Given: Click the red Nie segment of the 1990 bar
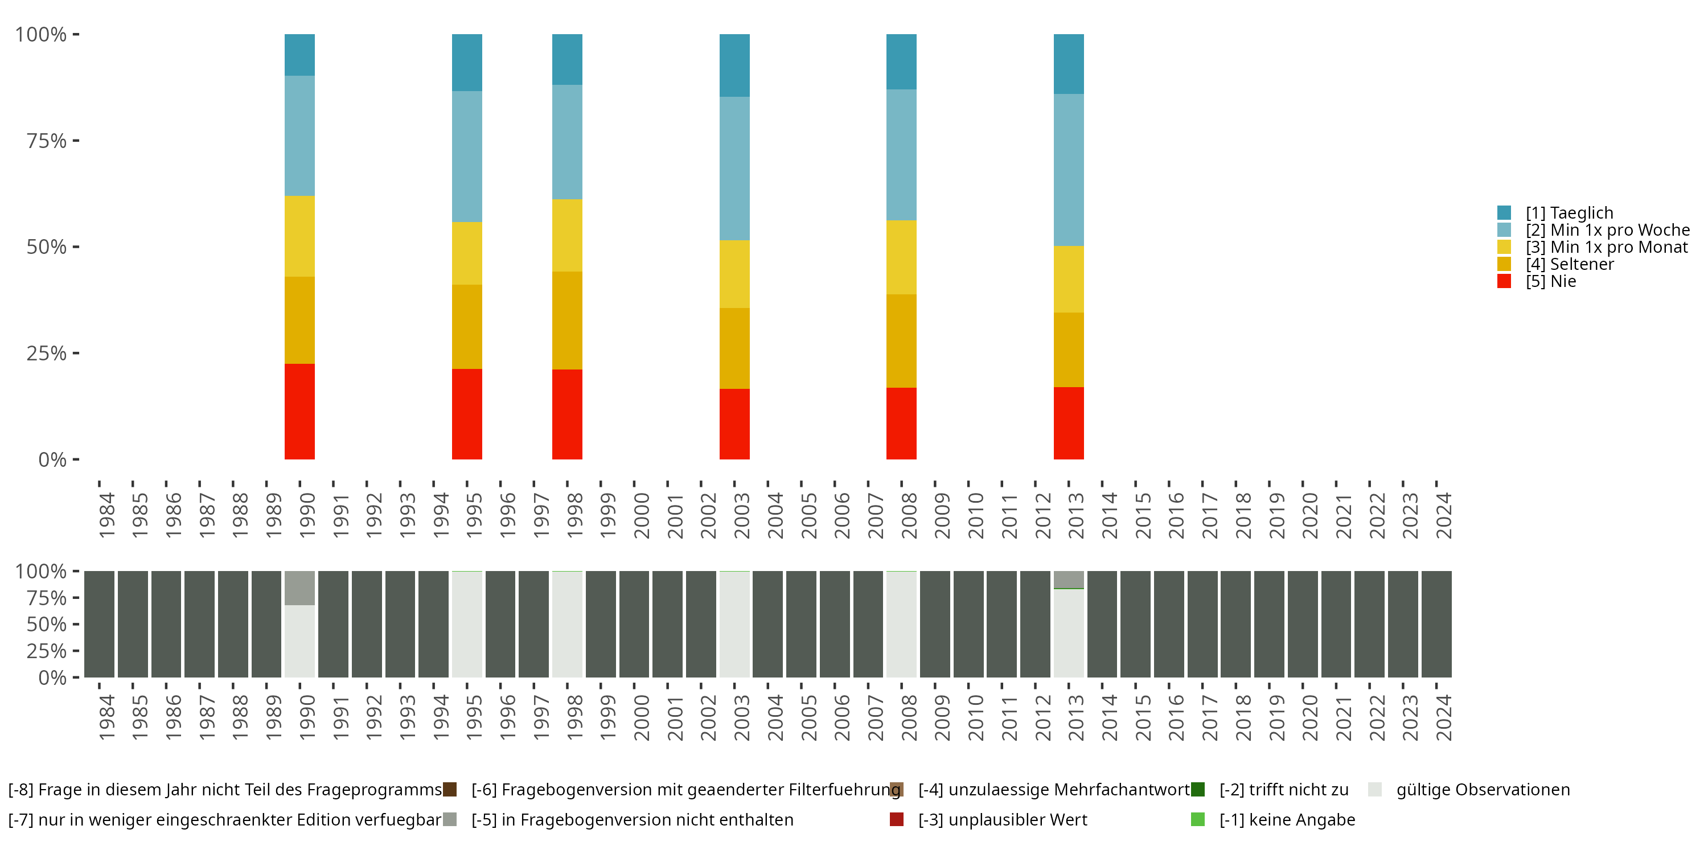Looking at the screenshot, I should click(x=299, y=411).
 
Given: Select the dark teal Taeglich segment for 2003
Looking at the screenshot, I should click(x=734, y=65).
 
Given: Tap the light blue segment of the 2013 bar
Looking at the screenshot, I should click(x=1069, y=170).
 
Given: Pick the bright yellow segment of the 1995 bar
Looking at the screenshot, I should click(x=467, y=253).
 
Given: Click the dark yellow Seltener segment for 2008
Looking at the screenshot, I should click(x=902, y=341).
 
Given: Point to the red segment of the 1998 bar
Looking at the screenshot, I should click(x=568, y=414).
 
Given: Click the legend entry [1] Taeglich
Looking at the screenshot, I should click(x=1569, y=213).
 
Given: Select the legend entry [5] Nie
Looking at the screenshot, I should click(x=1550, y=281).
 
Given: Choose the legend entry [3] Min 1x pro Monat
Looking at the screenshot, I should click(x=1606, y=247).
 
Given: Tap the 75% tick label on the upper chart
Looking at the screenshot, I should click(x=47, y=141).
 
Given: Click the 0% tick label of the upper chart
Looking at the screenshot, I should click(x=52, y=459).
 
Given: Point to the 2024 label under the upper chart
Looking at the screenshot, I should click(x=1443, y=515).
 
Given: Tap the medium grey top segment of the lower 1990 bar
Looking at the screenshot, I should click(x=299, y=588).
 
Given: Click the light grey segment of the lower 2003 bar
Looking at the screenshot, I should click(x=734, y=625).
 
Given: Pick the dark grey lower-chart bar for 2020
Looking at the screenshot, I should click(x=1303, y=625).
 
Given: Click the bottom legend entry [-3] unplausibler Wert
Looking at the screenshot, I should click(x=1002, y=819).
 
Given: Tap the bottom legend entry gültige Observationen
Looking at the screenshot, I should click(x=1482, y=790).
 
